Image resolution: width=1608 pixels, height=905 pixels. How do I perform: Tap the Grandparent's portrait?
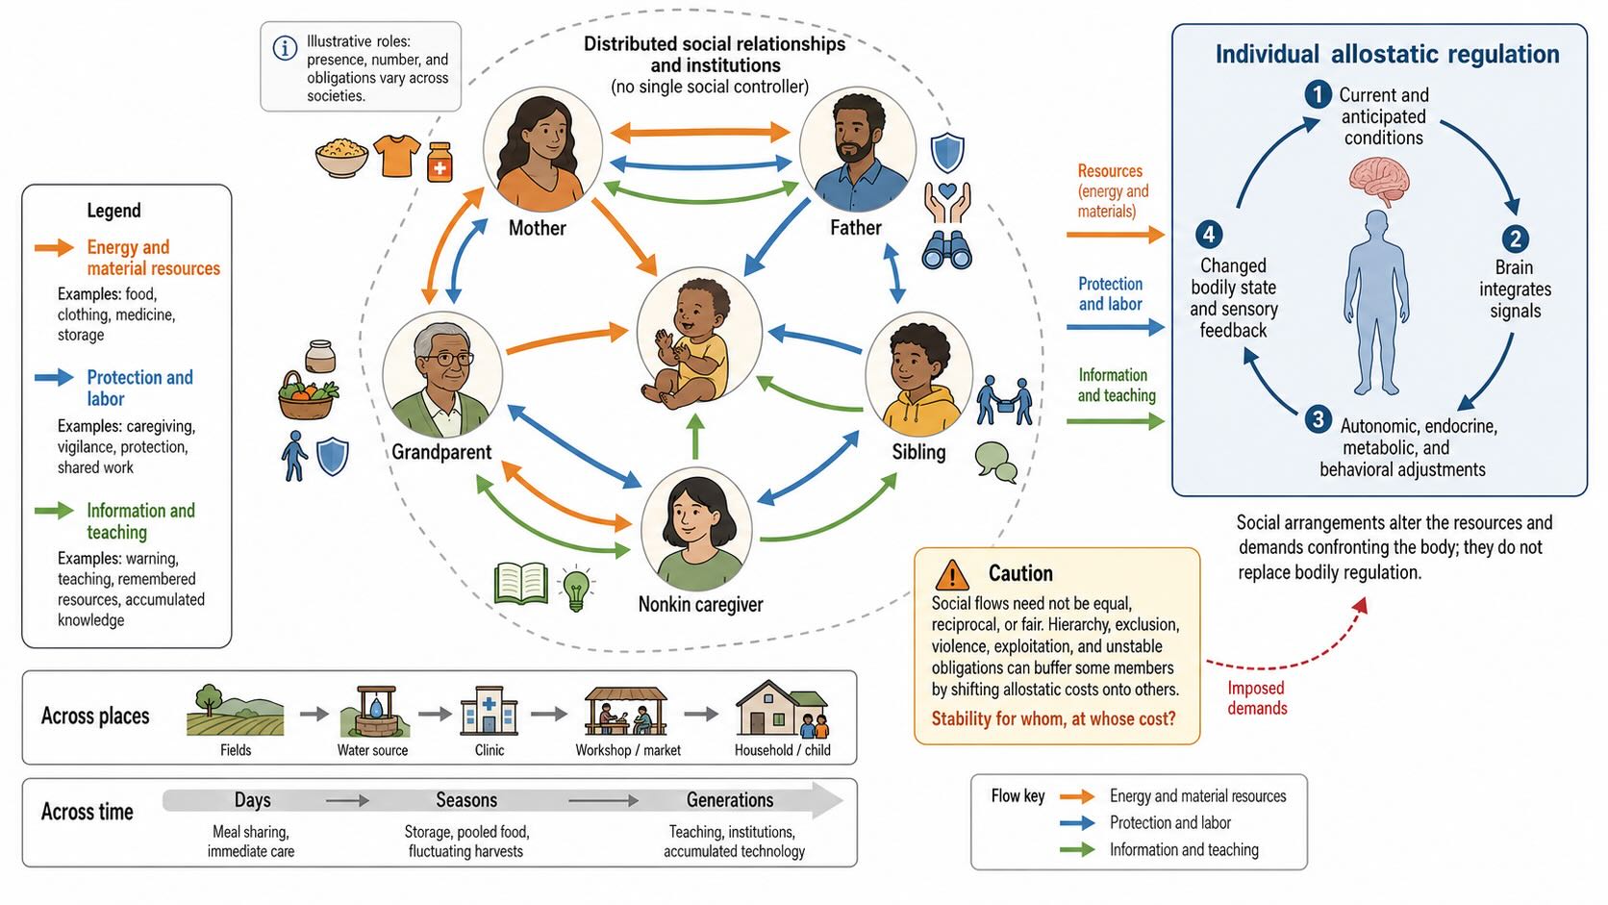442,374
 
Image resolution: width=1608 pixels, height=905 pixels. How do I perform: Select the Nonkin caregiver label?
700,604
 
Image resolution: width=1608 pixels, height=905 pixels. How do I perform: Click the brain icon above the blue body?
1379,182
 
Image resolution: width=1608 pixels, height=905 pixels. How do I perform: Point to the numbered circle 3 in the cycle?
1318,419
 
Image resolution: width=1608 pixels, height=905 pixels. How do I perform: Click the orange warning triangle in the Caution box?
952,574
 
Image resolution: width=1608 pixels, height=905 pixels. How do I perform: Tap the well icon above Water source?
375,711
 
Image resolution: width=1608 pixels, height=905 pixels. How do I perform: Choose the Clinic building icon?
489,711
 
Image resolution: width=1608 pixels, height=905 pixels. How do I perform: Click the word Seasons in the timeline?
466,799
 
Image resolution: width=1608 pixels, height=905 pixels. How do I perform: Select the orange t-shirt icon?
396,156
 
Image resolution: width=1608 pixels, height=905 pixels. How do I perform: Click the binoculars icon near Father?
946,250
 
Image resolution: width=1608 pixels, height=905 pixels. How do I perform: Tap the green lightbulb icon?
576,588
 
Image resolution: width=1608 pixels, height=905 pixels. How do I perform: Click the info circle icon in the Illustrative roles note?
285,48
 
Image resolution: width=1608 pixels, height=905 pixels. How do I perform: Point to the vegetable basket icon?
307,395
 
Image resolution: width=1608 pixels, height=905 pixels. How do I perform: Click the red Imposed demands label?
1257,697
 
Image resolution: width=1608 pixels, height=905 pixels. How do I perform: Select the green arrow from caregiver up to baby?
695,437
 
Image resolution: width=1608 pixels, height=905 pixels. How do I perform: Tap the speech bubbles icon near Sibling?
996,462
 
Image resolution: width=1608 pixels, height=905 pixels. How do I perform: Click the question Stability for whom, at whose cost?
1053,718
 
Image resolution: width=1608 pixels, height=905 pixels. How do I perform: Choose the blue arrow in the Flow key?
1077,822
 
